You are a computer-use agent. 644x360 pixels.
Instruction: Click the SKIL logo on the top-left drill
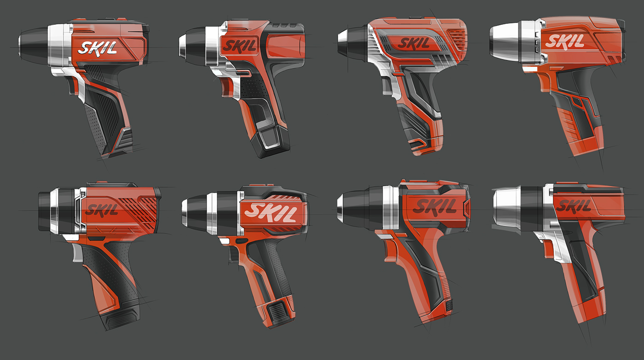[97, 47]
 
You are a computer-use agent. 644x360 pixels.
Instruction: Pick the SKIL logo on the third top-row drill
[414, 44]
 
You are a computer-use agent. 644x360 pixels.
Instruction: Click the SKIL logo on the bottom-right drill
[574, 206]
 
